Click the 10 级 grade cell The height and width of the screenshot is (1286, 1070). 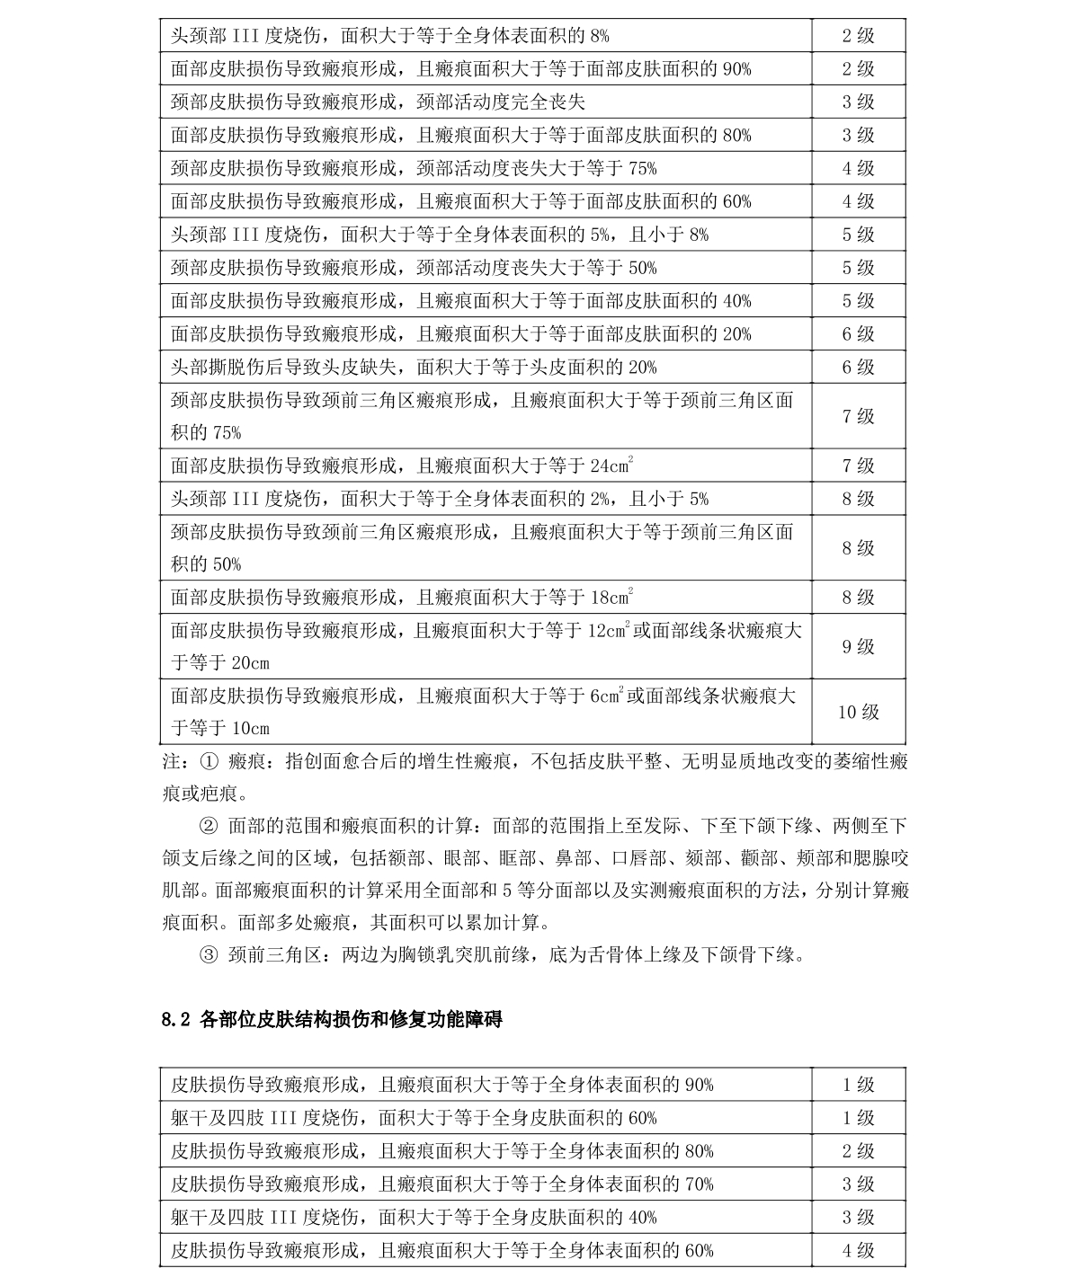(858, 712)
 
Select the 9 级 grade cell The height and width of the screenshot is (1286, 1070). (858, 646)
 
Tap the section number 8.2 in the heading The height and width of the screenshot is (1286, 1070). (176, 1019)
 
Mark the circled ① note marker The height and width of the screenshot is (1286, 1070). (208, 762)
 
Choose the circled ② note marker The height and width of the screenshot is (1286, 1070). (208, 826)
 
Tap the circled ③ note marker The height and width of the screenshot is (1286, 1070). (208, 954)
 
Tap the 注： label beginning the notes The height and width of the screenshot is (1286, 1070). (176, 762)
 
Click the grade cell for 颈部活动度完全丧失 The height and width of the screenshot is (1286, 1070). (858, 102)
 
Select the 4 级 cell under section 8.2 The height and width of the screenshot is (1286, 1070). (858, 1250)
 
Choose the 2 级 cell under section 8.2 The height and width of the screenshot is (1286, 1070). (858, 1151)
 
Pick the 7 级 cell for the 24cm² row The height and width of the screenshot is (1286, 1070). (858, 466)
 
